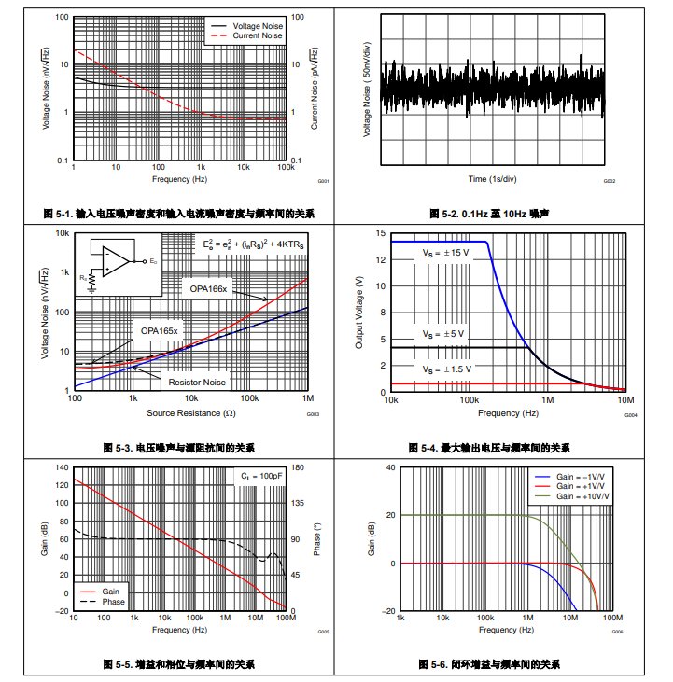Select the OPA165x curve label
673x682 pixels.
(x=160, y=330)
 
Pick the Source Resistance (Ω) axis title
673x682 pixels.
(x=190, y=412)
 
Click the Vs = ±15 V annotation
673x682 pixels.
(x=446, y=253)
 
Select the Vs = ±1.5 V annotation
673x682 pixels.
(x=447, y=369)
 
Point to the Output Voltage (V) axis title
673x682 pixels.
(x=359, y=313)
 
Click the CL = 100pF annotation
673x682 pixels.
(x=260, y=476)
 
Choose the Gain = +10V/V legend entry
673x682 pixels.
(x=582, y=496)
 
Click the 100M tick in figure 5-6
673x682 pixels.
(x=612, y=619)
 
